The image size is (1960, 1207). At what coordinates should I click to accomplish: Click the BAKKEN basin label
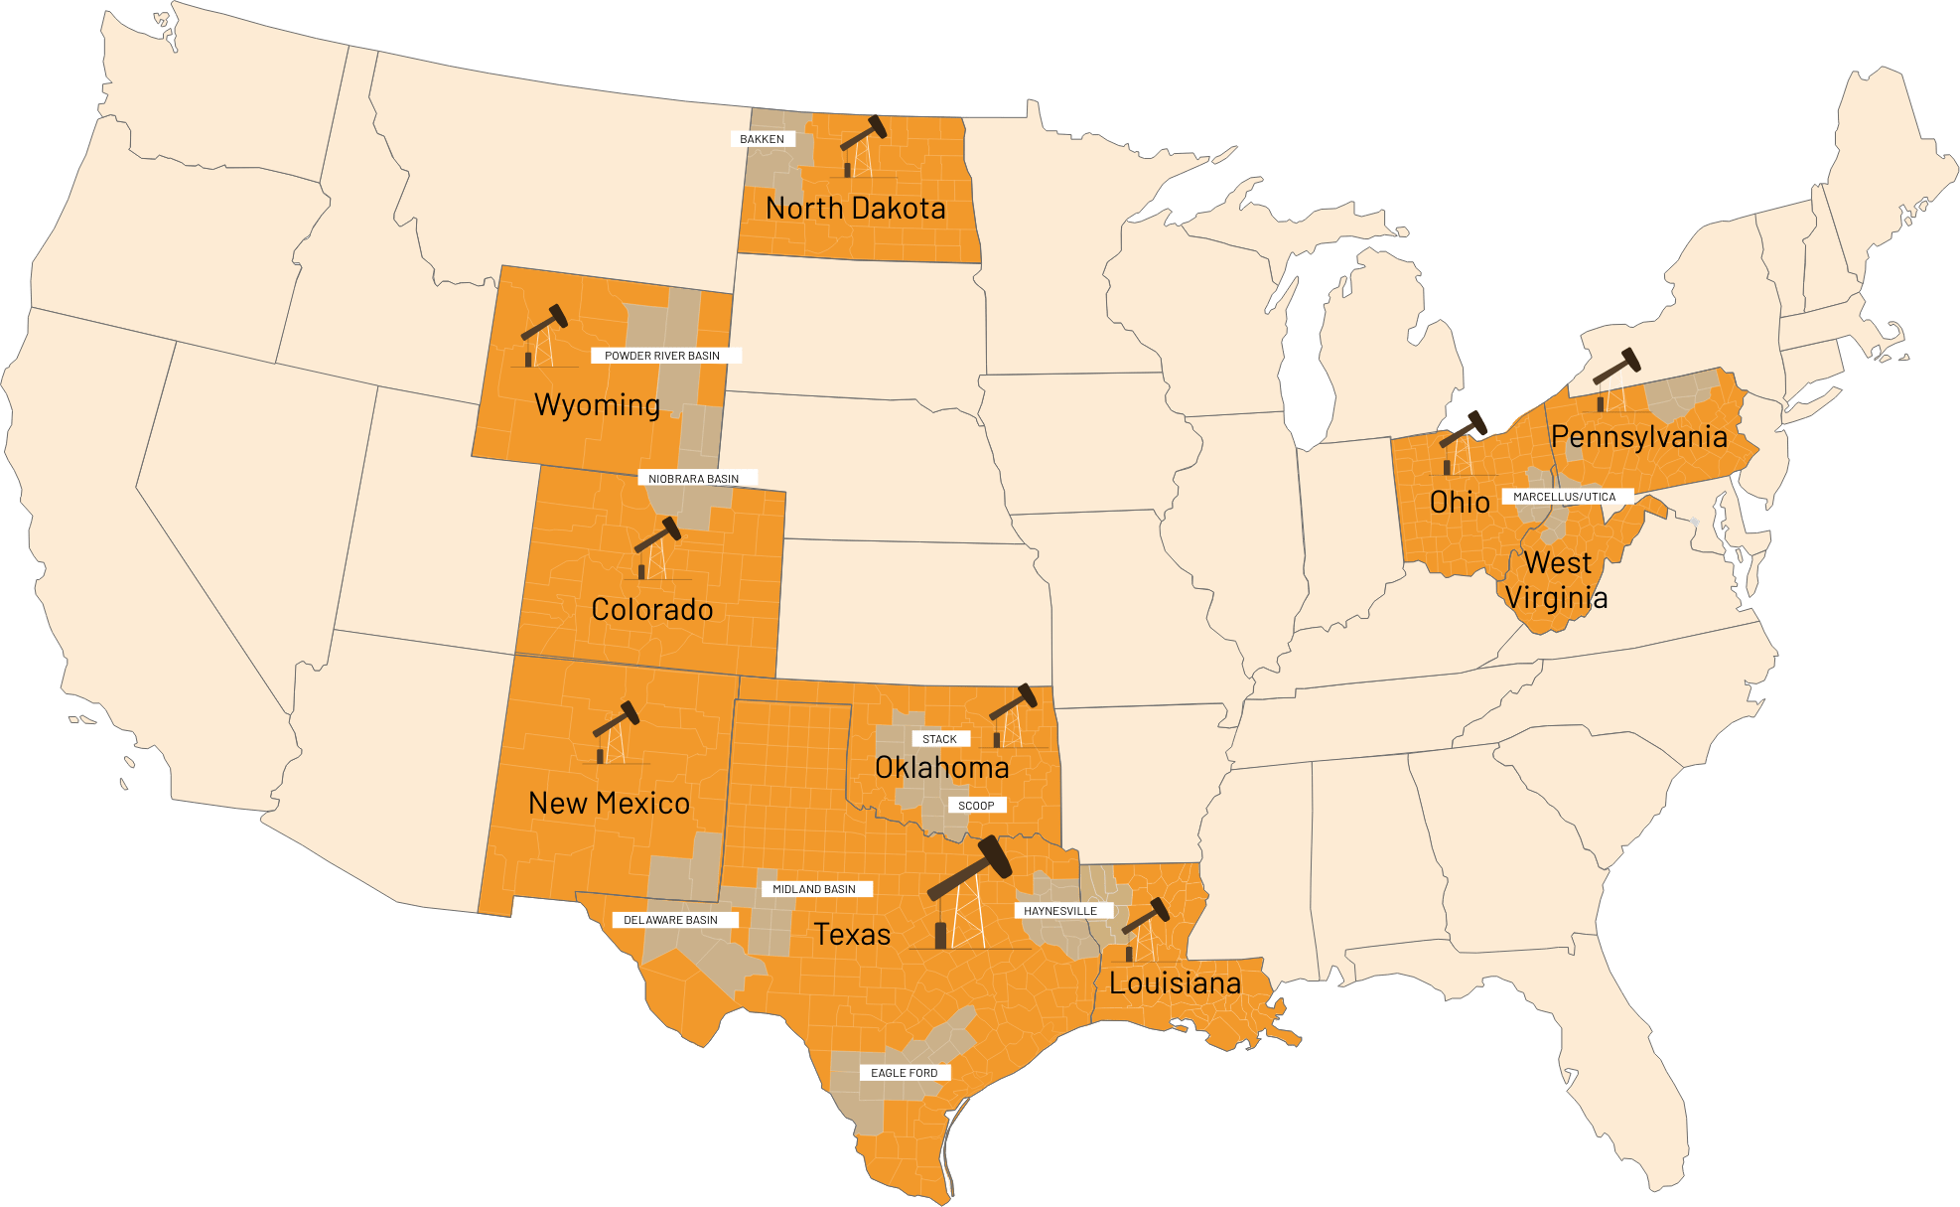pyautogui.click(x=762, y=139)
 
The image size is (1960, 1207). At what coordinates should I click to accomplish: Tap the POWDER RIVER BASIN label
pyautogui.click(x=662, y=356)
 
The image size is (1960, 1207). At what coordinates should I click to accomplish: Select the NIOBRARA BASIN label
pyautogui.click(x=693, y=479)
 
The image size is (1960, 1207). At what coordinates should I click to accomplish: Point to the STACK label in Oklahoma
pyautogui.click(x=939, y=739)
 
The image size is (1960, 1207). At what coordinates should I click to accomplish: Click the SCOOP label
pyautogui.click(x=976, y=806)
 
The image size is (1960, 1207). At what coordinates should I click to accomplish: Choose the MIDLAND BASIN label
pyautogui.click(x=814, y=889)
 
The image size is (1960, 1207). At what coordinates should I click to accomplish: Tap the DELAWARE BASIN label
pyautogui.click(x=670, y=920)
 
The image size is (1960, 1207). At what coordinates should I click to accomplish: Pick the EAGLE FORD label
pyautogui.click(x=904, y=1073)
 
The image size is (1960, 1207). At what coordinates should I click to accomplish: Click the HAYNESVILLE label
pyautogui.click(x=1060, y=911)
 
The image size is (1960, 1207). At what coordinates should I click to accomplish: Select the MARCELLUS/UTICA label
pyautogui.click(x=1564, y=497)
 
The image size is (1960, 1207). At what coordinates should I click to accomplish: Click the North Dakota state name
pyautogui.click(x=856, y=209)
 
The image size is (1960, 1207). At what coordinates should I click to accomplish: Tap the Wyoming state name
pyautogui.click(x=597, y=405)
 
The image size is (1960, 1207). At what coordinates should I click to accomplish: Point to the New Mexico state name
pyautogui.click(x=609, y=803)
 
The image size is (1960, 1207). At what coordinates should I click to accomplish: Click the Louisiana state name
pyautogui.click(x=1175, y=983)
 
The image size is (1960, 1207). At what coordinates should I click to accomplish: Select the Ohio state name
pyautogui.click(x=1460, y=503)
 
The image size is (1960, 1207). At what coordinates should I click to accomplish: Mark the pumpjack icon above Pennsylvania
pyautogui.click(x=1616, y=379)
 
